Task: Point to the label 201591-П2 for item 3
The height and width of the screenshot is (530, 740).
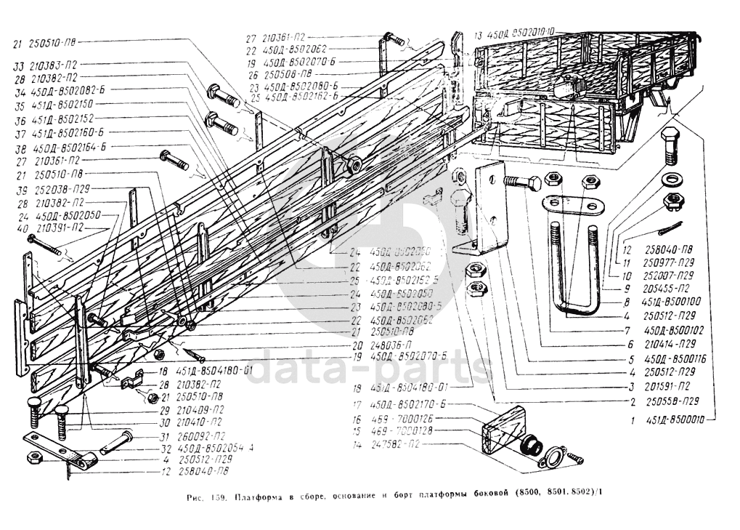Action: (666, 387)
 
